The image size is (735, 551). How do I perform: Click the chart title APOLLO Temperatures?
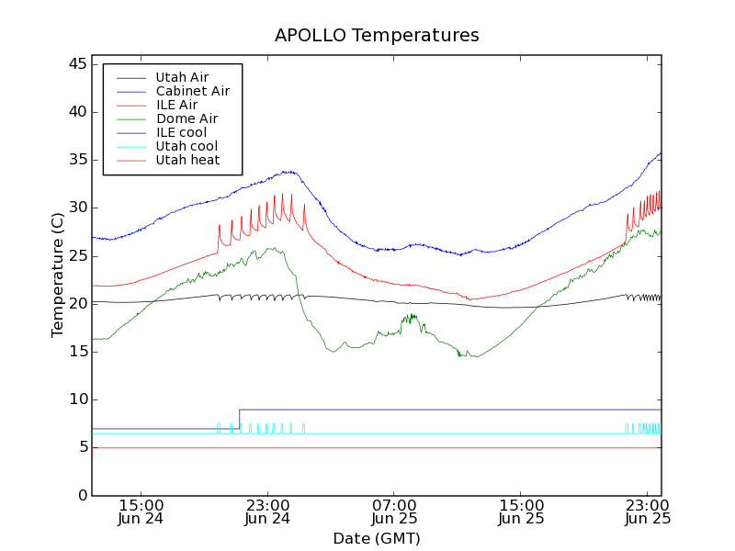377,36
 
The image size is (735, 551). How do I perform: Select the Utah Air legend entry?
182,77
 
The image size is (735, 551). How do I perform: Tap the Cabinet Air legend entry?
192,91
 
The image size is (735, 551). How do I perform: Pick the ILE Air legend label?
176,105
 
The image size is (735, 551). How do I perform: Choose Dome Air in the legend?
187,118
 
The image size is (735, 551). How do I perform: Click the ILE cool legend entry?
181,132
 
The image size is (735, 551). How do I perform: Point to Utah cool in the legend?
187,146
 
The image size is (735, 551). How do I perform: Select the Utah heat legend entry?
187,160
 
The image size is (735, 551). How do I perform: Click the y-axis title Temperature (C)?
58,275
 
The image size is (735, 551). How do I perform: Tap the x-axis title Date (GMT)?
377,538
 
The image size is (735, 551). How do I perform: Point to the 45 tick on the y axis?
77,64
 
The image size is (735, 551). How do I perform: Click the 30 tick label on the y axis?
77,208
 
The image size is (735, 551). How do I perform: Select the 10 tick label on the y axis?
77,399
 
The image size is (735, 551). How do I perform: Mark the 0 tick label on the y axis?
82,495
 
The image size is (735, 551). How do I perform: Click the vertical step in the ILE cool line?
239,419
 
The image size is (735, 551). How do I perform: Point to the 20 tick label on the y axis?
77,304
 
